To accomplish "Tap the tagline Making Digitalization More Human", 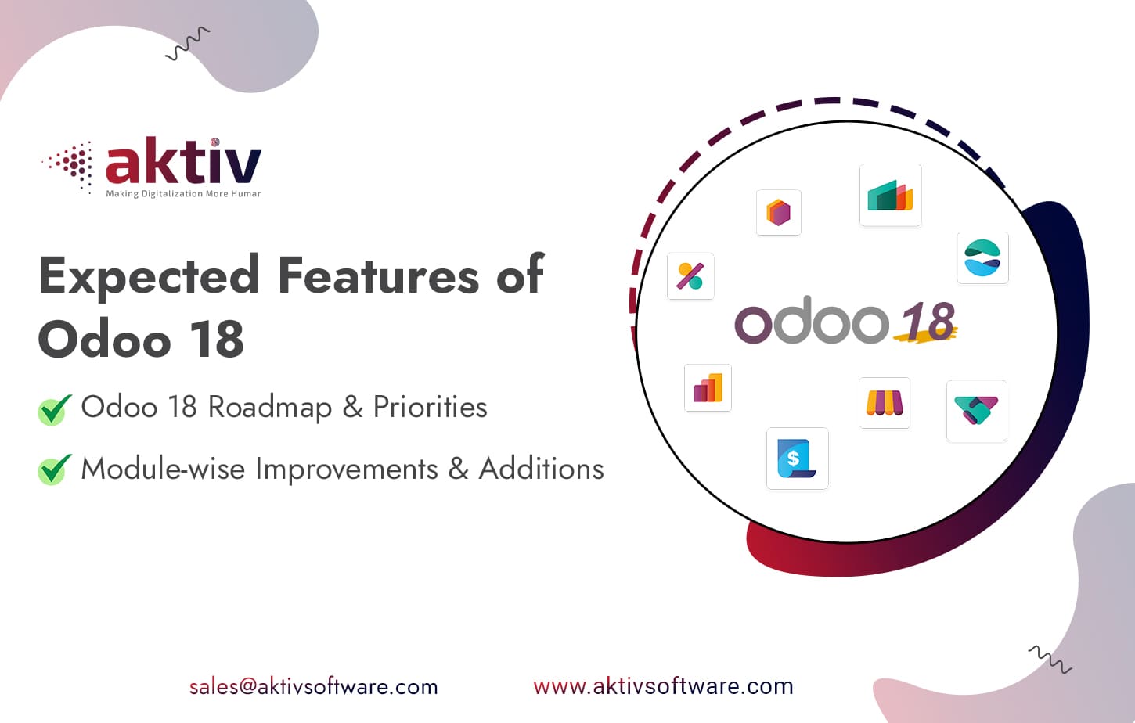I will (183, 193).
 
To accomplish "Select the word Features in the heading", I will (378, 275).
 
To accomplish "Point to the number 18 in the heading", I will (216, 340).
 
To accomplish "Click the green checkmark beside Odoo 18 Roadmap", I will (54, 409).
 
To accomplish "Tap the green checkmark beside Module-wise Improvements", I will (54, 469).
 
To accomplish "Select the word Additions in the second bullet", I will (541, 469).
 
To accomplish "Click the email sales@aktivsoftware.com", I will (313, 687).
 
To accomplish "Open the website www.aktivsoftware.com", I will (663, 686).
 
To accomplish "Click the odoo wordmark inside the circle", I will (811, 322).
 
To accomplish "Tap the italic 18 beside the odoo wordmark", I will (928, 322).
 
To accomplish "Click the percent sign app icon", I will (690, 275).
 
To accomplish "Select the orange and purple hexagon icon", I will (778, 212).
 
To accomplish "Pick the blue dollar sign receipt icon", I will (797, 459).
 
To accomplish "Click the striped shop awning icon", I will (884, 403).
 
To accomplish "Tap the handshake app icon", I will (976, 411).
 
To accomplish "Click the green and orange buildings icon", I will (890, 196).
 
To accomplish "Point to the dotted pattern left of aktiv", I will (72, 165).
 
